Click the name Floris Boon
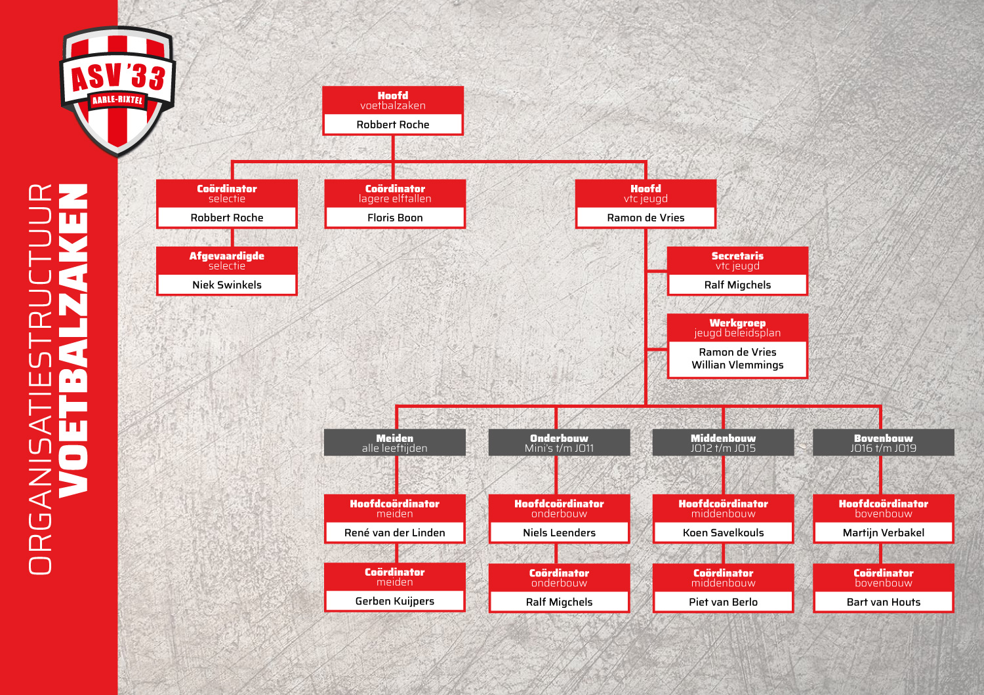point(395,218)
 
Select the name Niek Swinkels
point(227,285)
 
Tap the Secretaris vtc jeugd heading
point(737,261)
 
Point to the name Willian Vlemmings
point(737,365)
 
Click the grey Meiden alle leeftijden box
point(394,443)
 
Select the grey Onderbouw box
point(559,443)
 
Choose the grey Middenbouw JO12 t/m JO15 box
point(723,443)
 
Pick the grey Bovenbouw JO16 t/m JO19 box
point(884,443)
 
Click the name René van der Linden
point(394,532)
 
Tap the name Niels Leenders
point(559,532)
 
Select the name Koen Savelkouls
point(723,532)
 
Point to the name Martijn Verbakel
point(884,532)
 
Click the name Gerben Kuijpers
point(394,601)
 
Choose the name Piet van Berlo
point(723,602)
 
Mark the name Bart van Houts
point(884,602)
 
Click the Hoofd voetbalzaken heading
point(393,100)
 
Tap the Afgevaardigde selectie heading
point(227,261)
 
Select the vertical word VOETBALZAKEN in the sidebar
point(73,341)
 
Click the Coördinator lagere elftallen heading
point(395,193)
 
